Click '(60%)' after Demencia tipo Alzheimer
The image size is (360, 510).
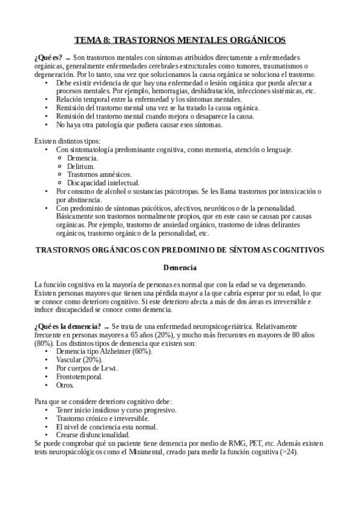tap(142, 351)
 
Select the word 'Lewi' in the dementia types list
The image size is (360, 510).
tap(108, 368)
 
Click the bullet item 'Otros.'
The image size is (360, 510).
tap(65, 385)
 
